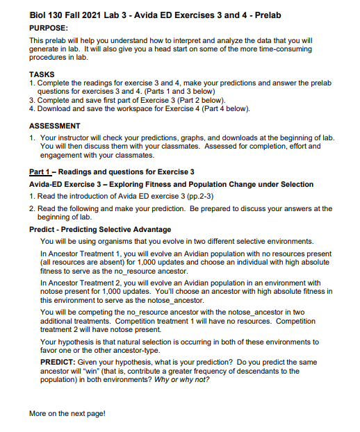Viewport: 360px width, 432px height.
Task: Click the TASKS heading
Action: [42, 74]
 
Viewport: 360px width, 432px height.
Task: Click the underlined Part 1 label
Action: [43, 172]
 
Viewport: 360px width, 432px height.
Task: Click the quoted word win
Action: [92, 372]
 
